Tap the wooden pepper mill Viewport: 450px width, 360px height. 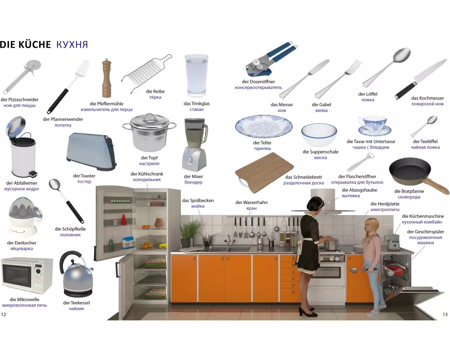(x=107, y=78)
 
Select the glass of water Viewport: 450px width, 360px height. (x=197, y=75)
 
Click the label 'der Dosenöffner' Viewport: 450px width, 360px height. (x=258, y=81)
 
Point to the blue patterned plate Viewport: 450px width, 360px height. (x=264, y=126)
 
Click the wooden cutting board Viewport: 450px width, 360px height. (x=264, y=173)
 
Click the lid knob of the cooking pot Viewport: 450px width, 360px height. (x=149, y=116)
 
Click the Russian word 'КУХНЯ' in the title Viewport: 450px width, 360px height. (x=72, y=45)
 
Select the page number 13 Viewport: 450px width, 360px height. (x=445, y=315)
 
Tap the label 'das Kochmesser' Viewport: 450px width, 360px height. (x=427, y=98)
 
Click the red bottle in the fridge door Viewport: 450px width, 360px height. (x=124, y=220)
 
